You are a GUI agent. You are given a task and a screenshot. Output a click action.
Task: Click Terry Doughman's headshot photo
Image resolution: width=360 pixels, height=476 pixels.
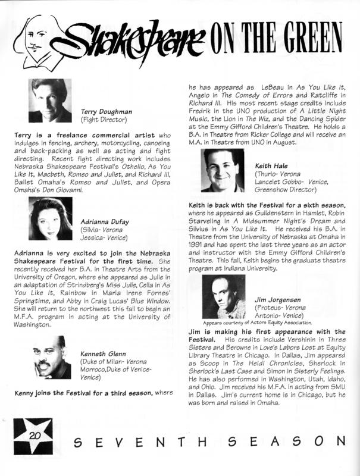coord(50,101)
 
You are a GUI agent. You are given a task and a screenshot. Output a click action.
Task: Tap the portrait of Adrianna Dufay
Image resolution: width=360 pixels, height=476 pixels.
coord(50,218)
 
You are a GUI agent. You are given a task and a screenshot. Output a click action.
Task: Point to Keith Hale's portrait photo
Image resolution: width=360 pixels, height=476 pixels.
coord(222,170)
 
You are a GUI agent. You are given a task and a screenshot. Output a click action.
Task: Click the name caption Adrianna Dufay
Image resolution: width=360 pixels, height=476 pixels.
coord(105,221)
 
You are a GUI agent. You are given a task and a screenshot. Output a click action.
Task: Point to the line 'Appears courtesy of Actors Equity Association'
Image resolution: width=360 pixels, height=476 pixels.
coord(259,322)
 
